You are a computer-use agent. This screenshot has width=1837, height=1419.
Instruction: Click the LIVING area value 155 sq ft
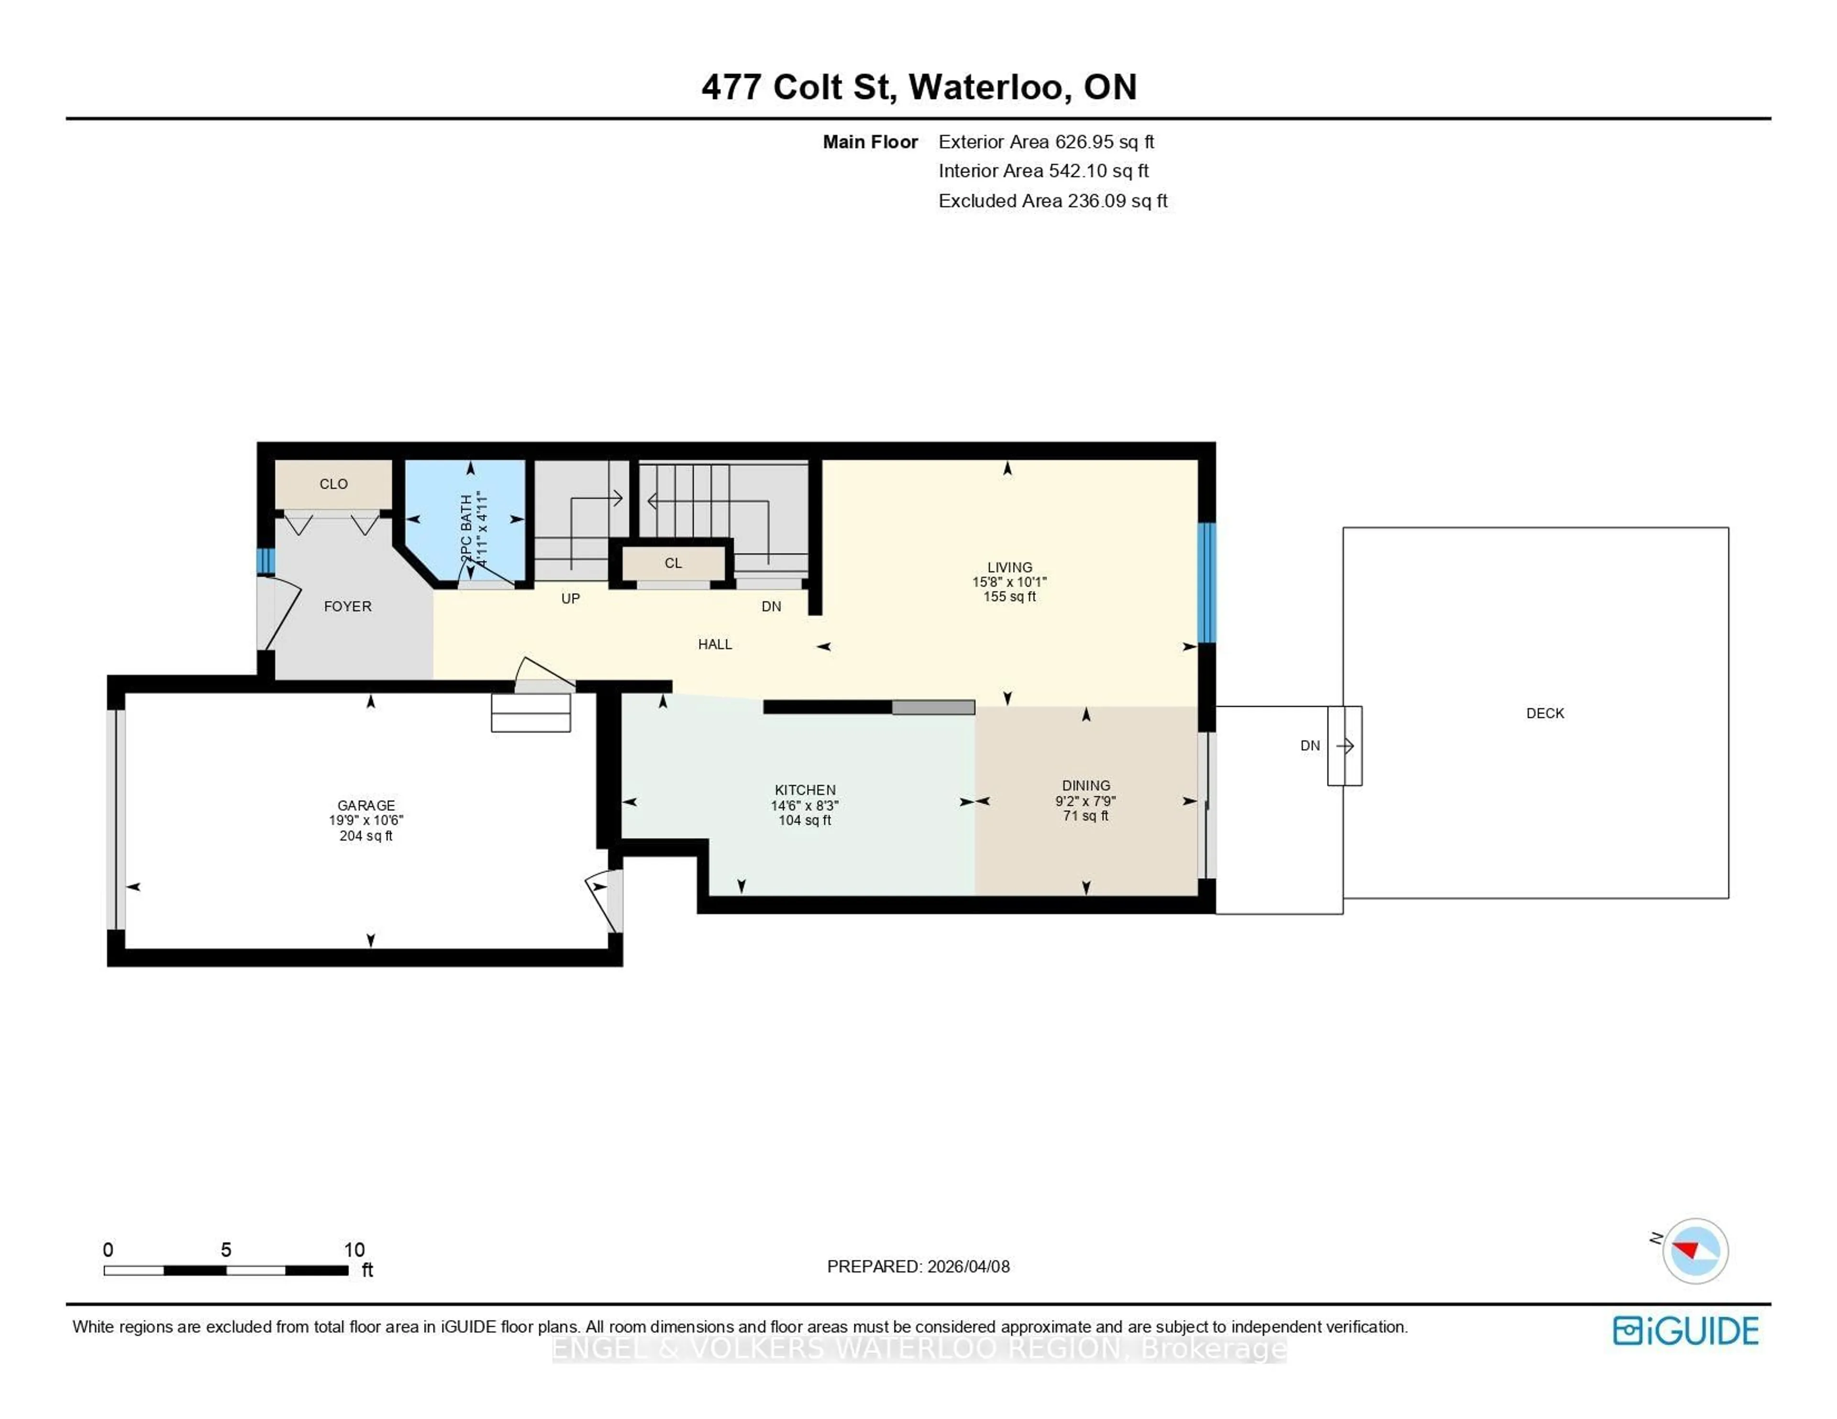click(x=1009, y=596)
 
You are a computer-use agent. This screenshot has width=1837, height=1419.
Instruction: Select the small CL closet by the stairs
click(x=673, y=563)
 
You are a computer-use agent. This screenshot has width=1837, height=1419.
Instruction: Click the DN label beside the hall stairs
click(x=771, y=606)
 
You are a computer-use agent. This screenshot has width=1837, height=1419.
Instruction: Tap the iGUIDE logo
click(x=1685, y=1331)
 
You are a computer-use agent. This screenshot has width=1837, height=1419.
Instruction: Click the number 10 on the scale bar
click(x=354, y=1250)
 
